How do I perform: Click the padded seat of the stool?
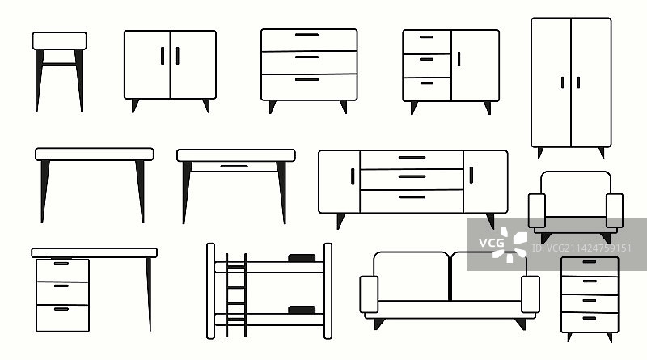(59, 41)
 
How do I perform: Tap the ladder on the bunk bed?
(236, 294)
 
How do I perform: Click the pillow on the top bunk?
(302, 258)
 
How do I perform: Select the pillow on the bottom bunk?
(302, 310)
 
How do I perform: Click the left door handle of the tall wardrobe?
(562, 83)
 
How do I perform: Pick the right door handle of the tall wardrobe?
(578, 83)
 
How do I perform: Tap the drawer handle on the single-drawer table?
(234, 167)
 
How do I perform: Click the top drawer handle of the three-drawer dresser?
(307, 35)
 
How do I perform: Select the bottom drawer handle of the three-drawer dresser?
(307, 79)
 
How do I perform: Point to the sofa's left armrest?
(369, 294)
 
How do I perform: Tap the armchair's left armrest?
(537, 210)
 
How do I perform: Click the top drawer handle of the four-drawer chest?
(590, 262)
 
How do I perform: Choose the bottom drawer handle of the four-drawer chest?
(590, 318)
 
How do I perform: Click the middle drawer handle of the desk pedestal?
(61, 286)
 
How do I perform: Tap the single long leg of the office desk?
(149, 294)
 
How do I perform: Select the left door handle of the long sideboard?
(353, 176)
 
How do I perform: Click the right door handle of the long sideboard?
(472, 175)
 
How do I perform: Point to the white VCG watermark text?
(492, 243)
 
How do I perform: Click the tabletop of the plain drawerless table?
(95, 155)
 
